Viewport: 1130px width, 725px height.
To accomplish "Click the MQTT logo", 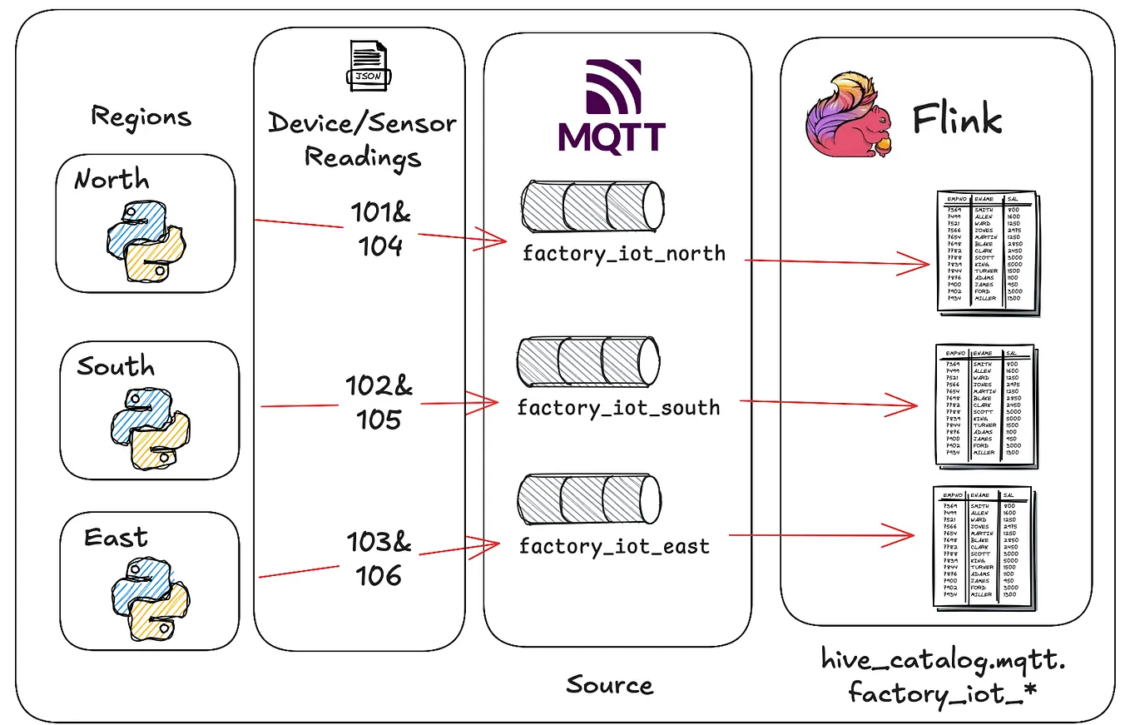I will coord(612,106).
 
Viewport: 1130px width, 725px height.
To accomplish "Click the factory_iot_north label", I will coord(623,253).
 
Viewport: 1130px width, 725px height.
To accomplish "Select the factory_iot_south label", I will coord(618,408).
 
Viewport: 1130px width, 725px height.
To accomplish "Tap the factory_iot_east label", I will coord(614,546).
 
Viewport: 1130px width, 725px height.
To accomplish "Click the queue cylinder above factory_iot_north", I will coord(592,206).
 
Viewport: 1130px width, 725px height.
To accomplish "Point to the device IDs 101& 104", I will coord(379,229).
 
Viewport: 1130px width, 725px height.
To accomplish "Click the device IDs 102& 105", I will coord(379,402).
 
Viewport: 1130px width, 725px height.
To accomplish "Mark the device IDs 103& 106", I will coord(379,559).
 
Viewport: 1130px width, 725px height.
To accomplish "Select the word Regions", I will coord(141,116).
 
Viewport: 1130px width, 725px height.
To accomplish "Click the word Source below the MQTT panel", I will coord(609,685).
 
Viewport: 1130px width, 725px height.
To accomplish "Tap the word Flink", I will coord(957,119).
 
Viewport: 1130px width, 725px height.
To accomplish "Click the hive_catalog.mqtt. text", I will coord(943,661).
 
